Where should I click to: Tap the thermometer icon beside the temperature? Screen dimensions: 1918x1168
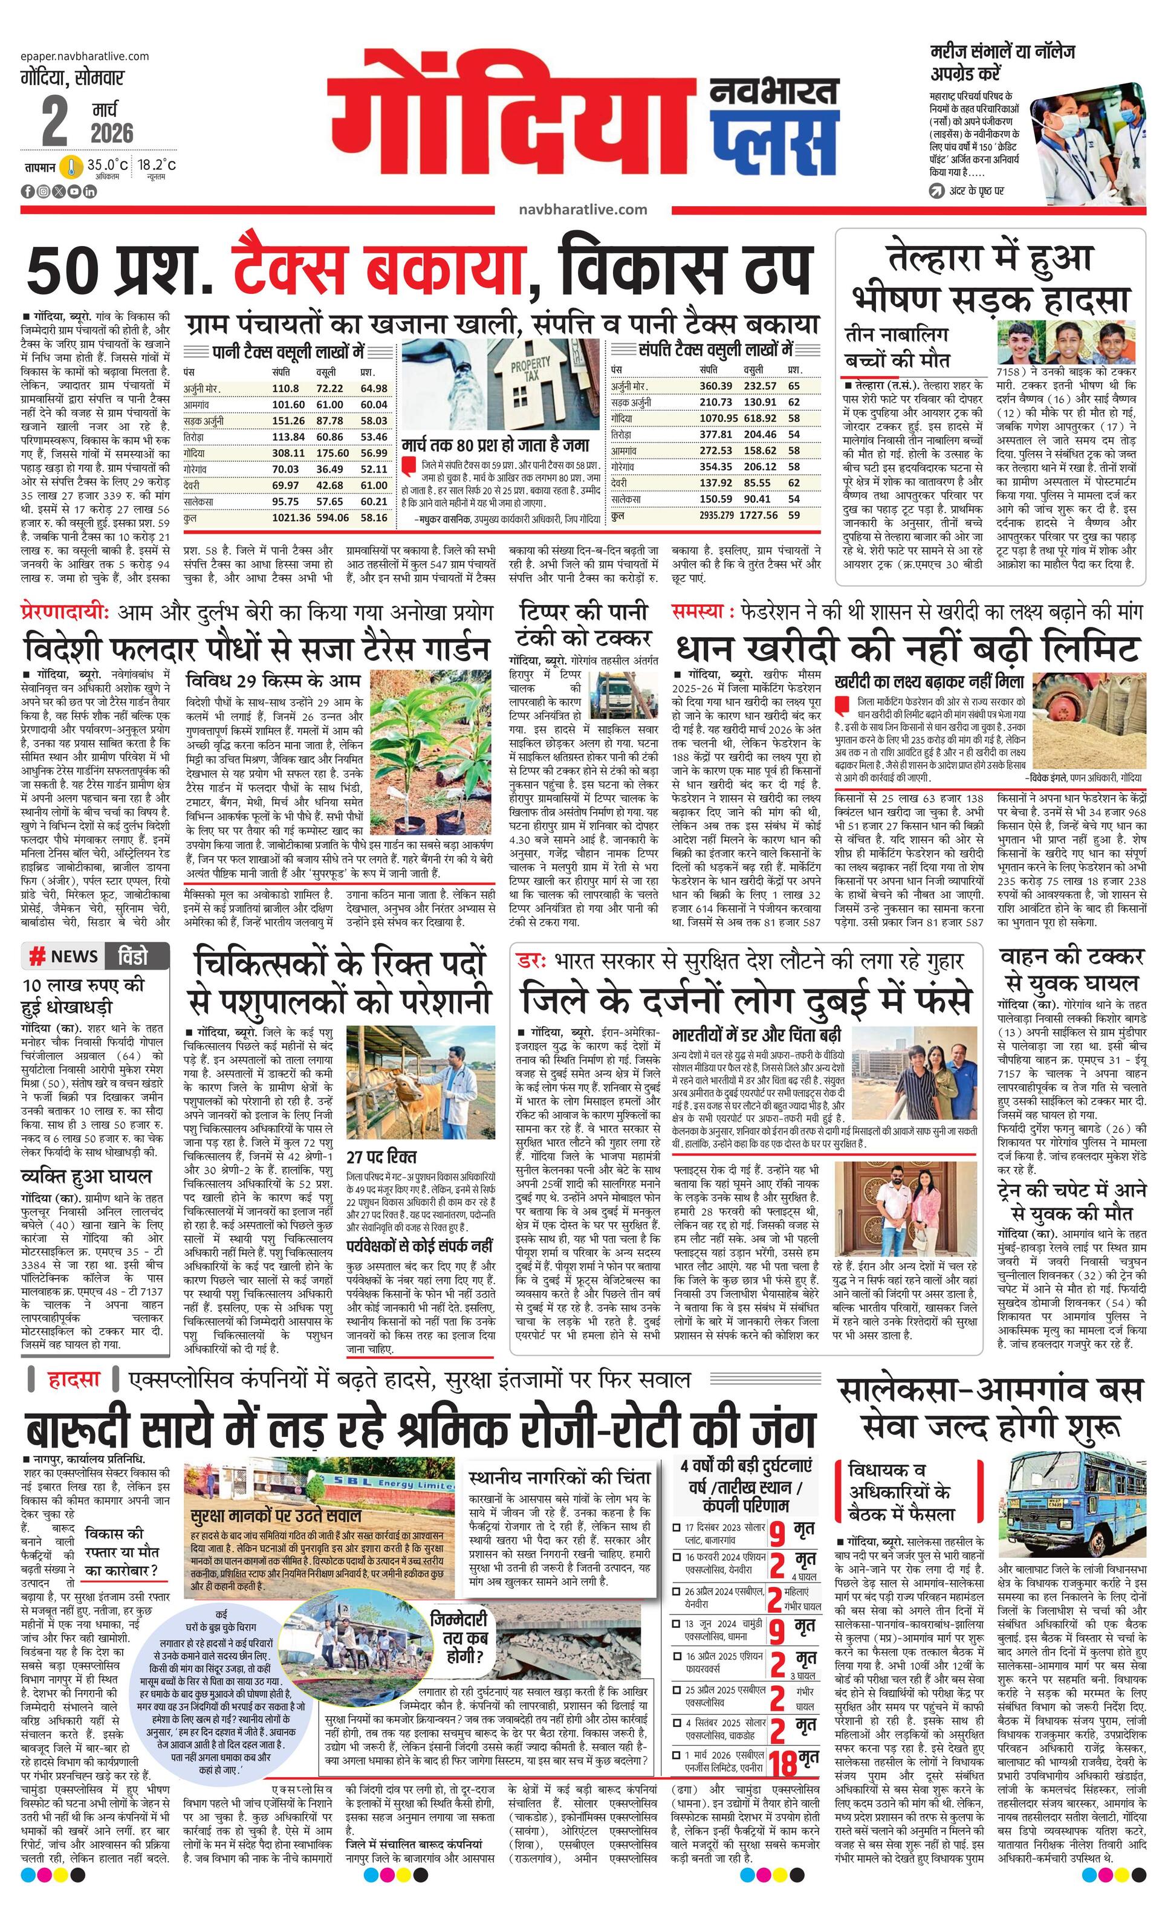coord(71,166)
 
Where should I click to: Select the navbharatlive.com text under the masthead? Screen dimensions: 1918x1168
coord(582,209)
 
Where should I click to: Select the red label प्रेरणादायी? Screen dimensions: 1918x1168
coord(65,612)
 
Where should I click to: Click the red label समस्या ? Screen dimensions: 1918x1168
coord(702,612)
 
